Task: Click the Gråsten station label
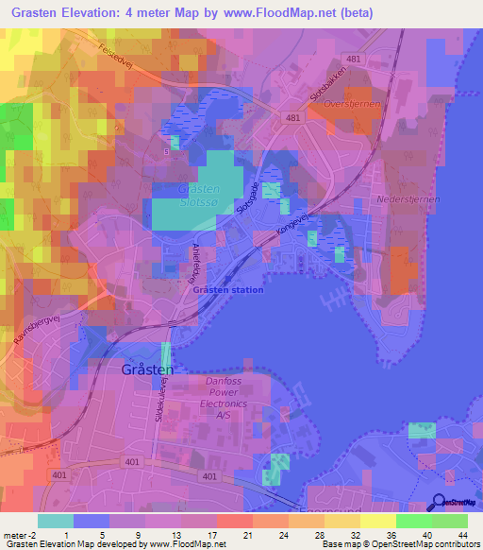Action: (x=227, y=290)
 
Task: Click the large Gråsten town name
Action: (x=147, y=370)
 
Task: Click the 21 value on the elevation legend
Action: (x=247, y=534)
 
